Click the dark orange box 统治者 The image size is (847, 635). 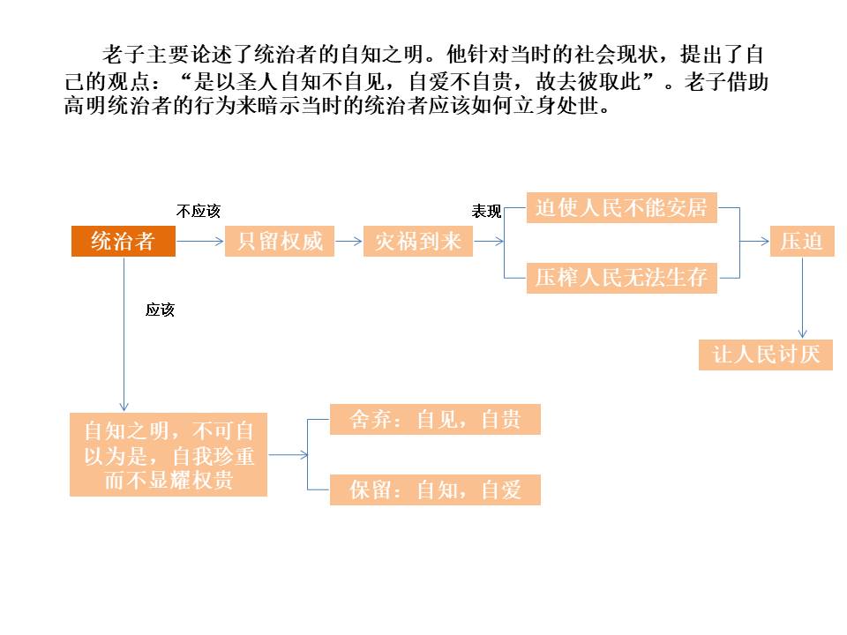pyautogui.click(x=123, y=242)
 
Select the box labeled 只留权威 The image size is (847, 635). pyautogui.click(x=280, y=242)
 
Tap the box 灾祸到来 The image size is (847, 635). pyautogui.click(x=418, y=242)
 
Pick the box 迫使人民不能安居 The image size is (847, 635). pyautogui.click(x=621, y=208)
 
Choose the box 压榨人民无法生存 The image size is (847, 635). pyautogui.click(x=621, y=278)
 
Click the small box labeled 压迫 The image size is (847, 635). pyautogui.click(x=801, y=242)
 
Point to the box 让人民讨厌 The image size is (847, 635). pyautogui.click(x=765, y=355)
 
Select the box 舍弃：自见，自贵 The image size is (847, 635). pyautogui.click(x=435, y=420)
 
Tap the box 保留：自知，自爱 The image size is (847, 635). pyautogui.click(x=435, y=489)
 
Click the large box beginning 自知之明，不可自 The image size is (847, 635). pyautogui.click(x=168, y=455)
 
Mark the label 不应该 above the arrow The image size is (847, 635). pyautogui.click(x=198, y=212)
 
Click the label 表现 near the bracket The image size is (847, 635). pyautogui.click(x=486, y=212)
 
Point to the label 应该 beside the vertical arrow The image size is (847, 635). pyautogui.click(x=161, y=310)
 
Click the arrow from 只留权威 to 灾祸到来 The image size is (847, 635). pyautogui.click(x=349, y=242)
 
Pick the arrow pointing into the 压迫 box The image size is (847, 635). pyautogui.click(x=755, y=242)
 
